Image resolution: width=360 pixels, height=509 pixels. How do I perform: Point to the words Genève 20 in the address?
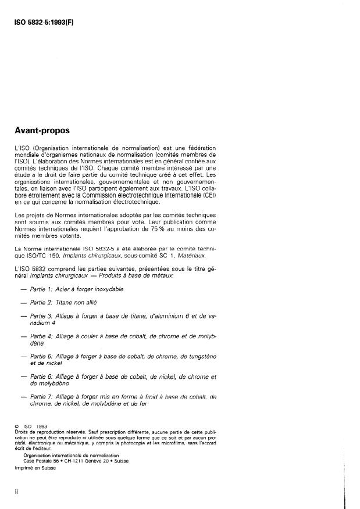pos(101,461)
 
